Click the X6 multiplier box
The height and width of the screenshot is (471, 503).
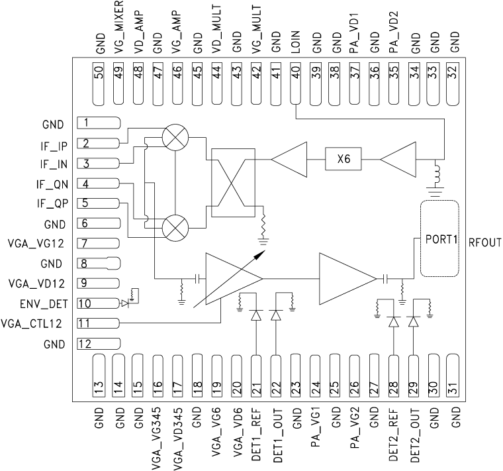coord(342,160)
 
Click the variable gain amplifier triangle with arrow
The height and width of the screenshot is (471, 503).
coord(228,279)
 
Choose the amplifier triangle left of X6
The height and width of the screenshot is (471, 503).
coord(290,160)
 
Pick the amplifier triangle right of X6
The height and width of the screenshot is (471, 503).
coord(397,160)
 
